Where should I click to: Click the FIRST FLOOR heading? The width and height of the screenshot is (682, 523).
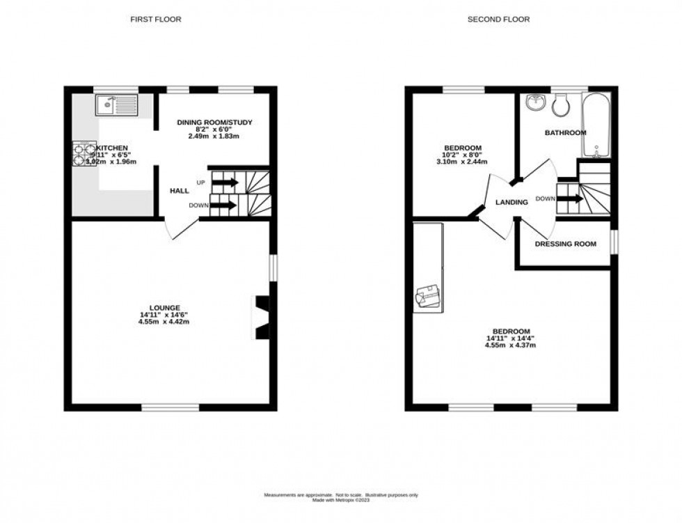tap(156, 19)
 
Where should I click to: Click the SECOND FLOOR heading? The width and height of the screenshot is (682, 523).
tap(498, 19)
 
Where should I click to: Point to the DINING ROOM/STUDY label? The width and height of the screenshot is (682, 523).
tap(214, 123)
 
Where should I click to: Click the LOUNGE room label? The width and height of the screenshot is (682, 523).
tap(164, 307)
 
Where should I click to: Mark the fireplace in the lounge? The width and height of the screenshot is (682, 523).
tap(262, 318)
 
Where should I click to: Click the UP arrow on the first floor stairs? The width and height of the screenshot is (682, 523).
tap(224, 182)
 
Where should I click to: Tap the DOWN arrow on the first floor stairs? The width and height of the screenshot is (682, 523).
tap(223, 205)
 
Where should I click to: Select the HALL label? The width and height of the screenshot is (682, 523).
tap(180, 190)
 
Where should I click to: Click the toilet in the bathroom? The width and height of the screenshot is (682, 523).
tap(560, 107)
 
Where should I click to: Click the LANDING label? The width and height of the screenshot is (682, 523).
tap(511, 202)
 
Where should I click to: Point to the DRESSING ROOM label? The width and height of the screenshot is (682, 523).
tap(565, 244)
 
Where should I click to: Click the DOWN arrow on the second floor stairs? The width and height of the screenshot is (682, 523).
tap(569, 198)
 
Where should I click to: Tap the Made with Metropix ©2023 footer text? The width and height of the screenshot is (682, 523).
tap(340, 499)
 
